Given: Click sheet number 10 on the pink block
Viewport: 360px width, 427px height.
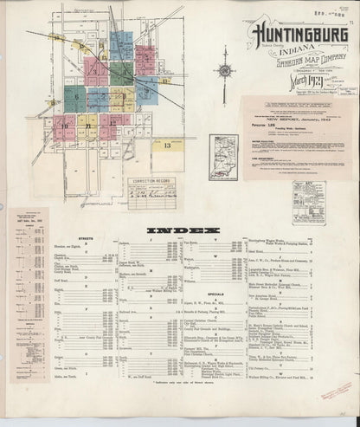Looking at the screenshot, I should (x=64, y=126).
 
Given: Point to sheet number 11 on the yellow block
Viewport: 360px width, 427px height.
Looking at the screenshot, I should (x=87, y=126).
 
